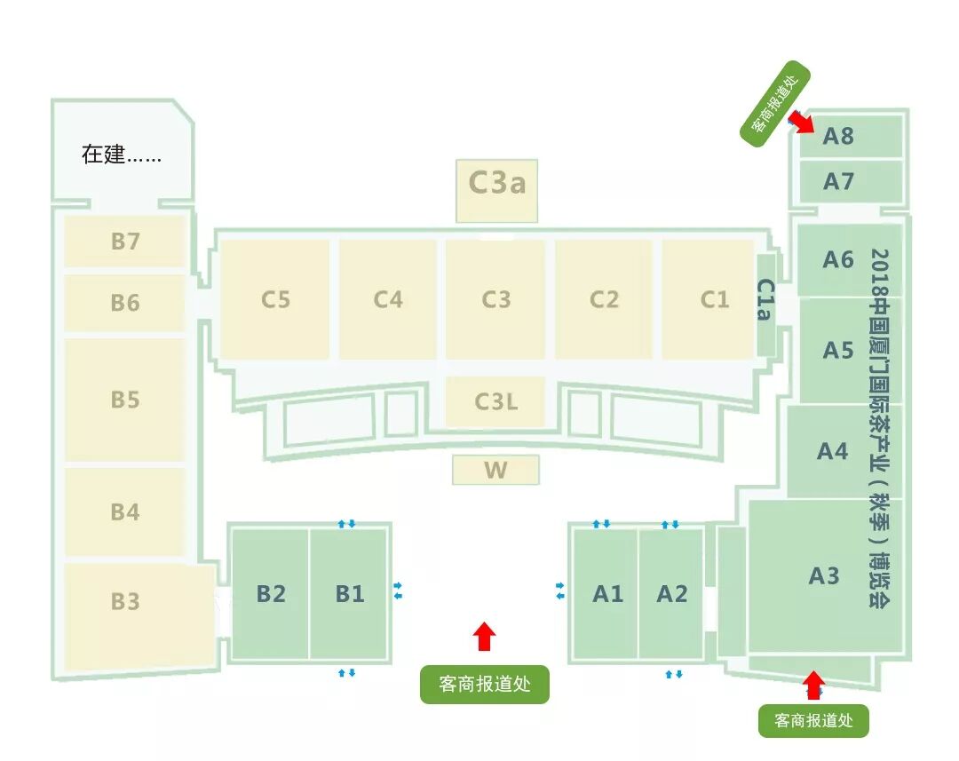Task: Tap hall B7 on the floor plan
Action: pos(125,241)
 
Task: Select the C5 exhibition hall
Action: pos(275,299)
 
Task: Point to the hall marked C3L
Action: pos(495,401)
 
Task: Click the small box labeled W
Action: pos(495,470)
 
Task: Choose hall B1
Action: pos(349,593)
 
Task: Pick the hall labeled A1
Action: pos(607,593)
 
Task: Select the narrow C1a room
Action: pos(766,301)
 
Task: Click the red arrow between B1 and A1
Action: pos(484,635)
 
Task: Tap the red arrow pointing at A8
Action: pos(803,120)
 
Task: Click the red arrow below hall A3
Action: pos(812,685)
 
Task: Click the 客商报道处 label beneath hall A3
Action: pos(813,719)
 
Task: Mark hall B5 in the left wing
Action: pos(125,400)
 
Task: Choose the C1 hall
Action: pos(714,299)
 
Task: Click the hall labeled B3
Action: pos(125,601)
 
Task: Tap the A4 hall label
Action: pos(833,450)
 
